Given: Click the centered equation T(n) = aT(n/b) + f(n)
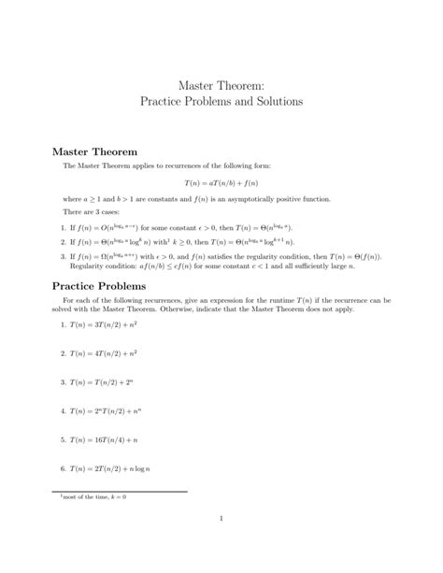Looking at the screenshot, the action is [221, 183].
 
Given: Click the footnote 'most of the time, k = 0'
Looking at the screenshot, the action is [91, 496].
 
